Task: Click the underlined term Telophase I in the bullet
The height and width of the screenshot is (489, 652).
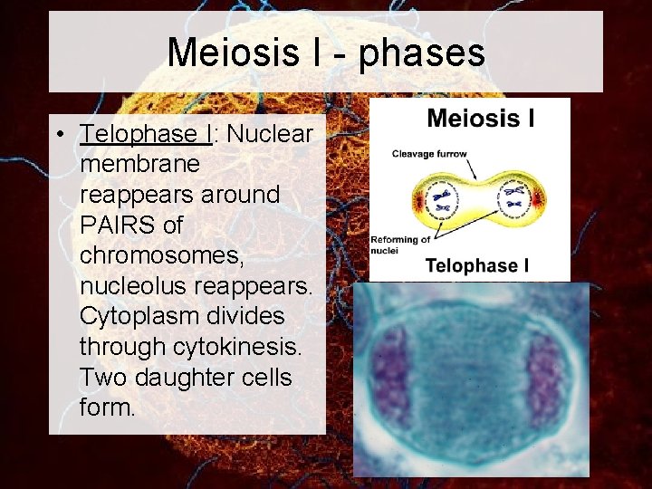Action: click(x=146, y=134)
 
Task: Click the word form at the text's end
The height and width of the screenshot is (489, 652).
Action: click(x=107, y=407)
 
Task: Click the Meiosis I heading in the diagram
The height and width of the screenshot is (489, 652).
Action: click(x=480, y=119)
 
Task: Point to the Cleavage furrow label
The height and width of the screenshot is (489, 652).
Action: click(x=429, y=154)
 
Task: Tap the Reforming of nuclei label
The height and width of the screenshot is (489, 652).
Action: click(x=399, y=244)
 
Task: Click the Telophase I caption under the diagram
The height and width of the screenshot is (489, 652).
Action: click(x=477, y=266)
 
